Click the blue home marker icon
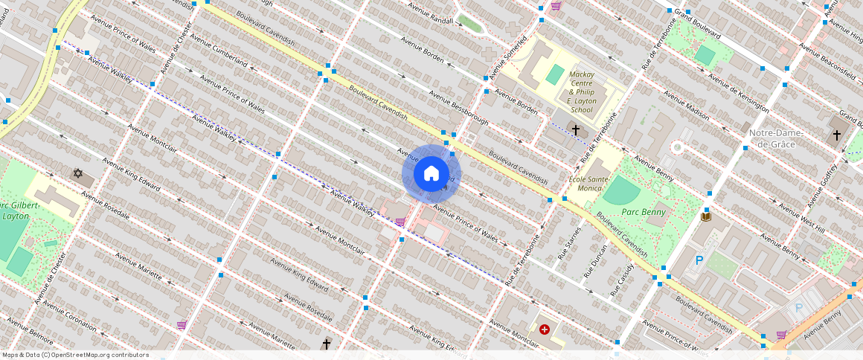[x=431, y=173]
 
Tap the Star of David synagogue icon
[x=77, y=173]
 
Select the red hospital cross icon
[x=545, y=329]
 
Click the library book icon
[x=706, y=216]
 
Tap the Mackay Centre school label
[x=581, y=91]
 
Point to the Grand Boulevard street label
[x=697, y=24]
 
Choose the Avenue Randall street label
[x=431, y=13]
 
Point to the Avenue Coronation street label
[x=70, y=315]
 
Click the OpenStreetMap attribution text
[x=75, y=355]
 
